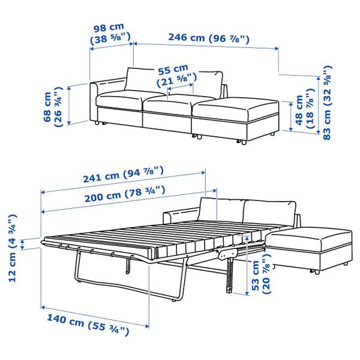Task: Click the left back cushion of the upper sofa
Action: pyautogui.click(x=142, y=82)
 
